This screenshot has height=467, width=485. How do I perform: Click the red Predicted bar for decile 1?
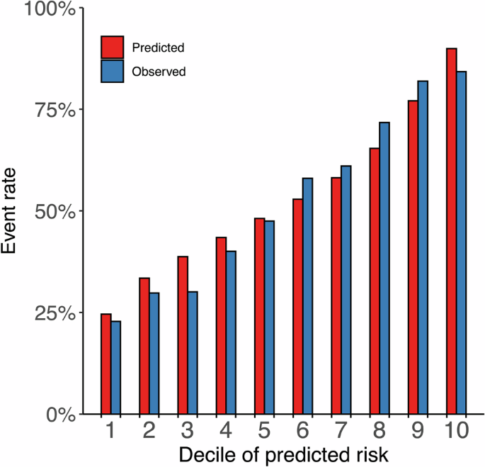(106, 364)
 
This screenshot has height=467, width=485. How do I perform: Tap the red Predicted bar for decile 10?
(451, 231)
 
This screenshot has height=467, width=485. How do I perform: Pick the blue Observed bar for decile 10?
(461, 242)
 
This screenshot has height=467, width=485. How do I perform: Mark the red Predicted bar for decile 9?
(413, 257)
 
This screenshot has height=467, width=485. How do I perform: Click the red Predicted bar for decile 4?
(221, 325)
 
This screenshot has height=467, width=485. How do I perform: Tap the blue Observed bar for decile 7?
(346, 290)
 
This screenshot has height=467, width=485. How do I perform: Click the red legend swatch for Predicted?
(112, 47)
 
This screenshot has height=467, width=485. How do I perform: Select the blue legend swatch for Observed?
(112, 71)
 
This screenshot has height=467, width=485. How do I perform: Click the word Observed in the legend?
(159, 72)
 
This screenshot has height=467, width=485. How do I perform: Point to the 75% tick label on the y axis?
(55, 109)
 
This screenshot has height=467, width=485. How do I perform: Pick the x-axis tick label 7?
(341, 430)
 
